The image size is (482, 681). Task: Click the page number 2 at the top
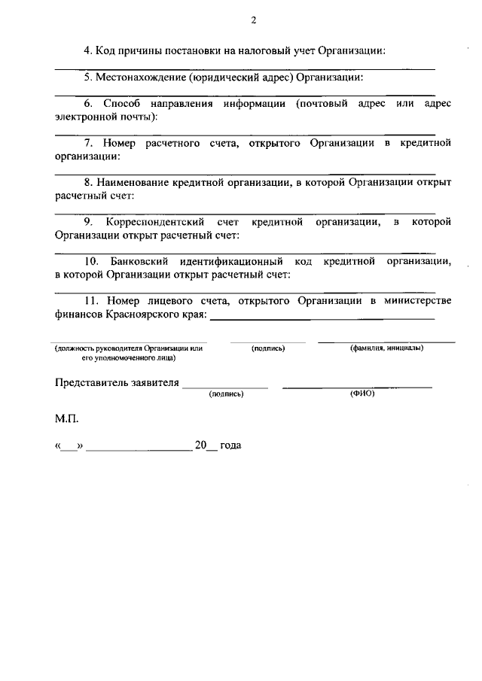pos(253,20)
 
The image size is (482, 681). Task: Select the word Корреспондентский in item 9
pos(153,222)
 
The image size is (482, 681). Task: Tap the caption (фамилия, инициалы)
pos(386,348)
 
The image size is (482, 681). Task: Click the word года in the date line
pos(230,445)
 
